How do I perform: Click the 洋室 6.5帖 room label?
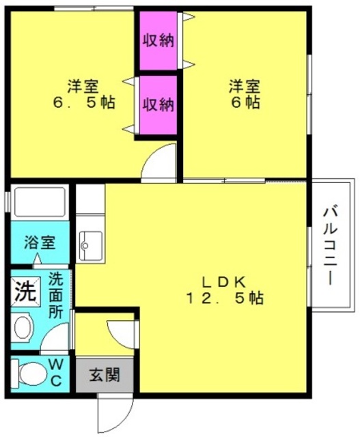click(83, 95)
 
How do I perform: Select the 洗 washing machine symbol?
click(25, 292)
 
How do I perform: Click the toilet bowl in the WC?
click(31, 373)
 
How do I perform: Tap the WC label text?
click(57, 372)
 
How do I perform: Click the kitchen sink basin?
click(91, 242)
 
